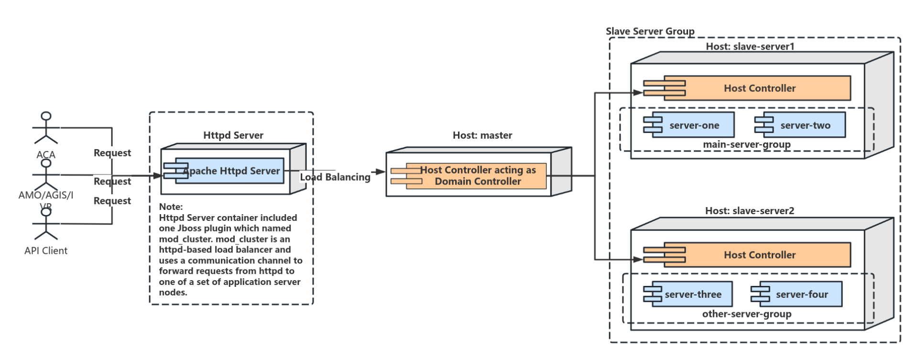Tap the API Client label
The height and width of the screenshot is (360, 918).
(x=46, y=251)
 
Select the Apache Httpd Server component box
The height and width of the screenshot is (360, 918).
(x=229, y=171)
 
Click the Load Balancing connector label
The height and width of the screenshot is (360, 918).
(x=335, y=177)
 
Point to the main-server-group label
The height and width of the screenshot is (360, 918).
(x=746, y=144)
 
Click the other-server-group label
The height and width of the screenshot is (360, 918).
(x=746, y=314)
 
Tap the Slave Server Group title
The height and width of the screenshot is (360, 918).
(x=650, y=31)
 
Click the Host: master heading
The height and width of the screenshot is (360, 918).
(x=482, y=135)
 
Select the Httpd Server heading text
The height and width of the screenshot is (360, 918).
(x=233, y=135)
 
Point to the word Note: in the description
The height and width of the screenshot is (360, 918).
(x=171, y=207)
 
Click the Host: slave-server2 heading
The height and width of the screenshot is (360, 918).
(x=749, y=211)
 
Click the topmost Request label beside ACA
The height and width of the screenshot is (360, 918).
(x=112, y=153)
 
